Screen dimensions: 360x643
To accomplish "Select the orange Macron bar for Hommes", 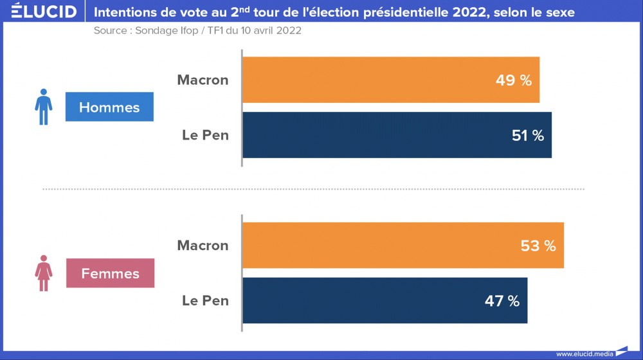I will tap(390, 80).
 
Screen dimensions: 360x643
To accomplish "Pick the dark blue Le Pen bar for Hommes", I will tap(397, 135).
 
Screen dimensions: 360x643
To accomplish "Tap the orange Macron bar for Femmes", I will tap(403, 246).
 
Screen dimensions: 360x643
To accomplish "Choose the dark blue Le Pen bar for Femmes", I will tap(385, 300).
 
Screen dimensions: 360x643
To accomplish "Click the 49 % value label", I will tap(513, 80).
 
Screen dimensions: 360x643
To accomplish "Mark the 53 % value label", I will tap(538, 246).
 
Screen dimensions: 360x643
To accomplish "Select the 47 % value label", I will tap(501, 301).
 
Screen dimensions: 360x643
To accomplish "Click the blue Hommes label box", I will tap(109, 107).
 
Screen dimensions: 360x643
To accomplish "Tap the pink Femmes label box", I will tap(110, 273).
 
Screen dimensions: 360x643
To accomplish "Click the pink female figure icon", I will tap(43, 273).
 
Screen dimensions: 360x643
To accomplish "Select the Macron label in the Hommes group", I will tap(203, 80).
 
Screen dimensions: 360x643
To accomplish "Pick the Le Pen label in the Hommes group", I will tap(205, 135).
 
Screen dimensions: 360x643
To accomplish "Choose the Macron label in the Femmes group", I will tap(203, 246).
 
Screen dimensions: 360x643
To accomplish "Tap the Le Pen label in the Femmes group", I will tap(205, 300).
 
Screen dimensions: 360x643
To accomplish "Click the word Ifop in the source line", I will tap(188, 31).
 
